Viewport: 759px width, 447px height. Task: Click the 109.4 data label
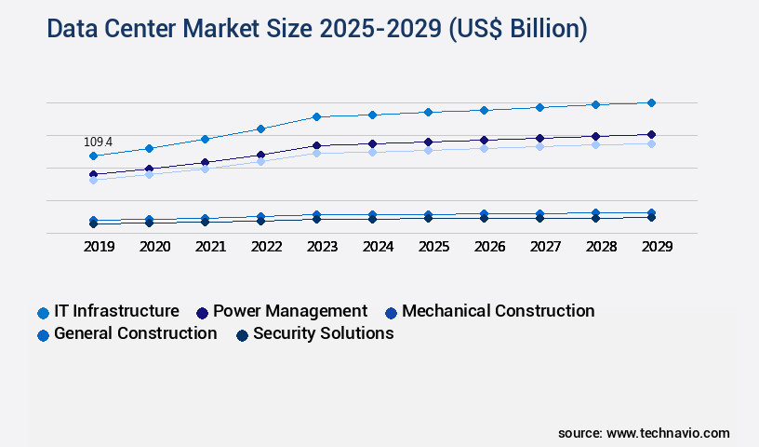98,142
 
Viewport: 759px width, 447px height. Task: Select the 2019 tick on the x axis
93,247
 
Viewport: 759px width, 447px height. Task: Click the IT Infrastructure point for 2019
93,156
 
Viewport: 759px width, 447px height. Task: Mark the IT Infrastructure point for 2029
651,102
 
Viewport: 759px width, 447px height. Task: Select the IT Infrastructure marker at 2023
316,116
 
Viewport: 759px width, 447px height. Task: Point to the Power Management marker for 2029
651,134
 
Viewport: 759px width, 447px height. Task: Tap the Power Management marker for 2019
93,174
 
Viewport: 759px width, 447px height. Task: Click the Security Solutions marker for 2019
93,223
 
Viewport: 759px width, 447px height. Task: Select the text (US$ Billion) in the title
518,29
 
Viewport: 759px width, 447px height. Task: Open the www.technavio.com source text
668,433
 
